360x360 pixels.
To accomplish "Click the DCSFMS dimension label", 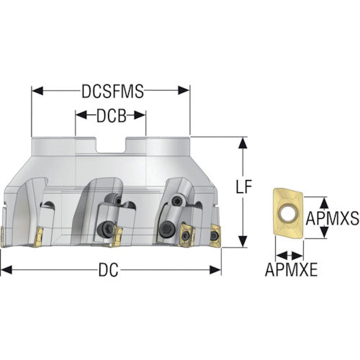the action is pyautogui.click(x=112, y=91).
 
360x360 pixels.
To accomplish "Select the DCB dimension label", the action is pyautogui.click(x=112, y=116).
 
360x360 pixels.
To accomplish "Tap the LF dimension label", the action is pyautogui.click(x=243, y=186).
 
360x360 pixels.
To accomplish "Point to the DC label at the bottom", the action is pyautogui.click(x=108, y=270).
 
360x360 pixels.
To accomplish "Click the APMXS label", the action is pyautogui.click(x=333, y=218).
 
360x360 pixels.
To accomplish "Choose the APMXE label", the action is pyautogui.click(x=291, y=270).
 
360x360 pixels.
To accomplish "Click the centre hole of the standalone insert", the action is pyautogui.click(x=288, y=212).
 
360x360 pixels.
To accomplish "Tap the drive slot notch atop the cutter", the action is pyautogui.click(x=111, y=145).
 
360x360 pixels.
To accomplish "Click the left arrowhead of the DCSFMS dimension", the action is pyautogui.click(x=37, y=91).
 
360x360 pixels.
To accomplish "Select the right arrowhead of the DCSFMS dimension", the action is pyautogui.click(x=184, y=91).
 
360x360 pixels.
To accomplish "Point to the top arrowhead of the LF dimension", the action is pyautogui.click(x=243, y=143).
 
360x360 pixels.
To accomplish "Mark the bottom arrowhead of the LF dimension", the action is pyautogui.click(x=243, y=241).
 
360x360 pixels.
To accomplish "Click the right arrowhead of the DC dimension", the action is pyautogui.click(x=215, y=270).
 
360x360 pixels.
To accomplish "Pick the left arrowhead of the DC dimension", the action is pyautogui.click(x=6, y=270).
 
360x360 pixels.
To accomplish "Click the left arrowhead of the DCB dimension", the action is pyautogui.click(x=81, y=115).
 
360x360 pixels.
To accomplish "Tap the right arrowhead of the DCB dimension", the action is pyautogui.click(x=140, y=115).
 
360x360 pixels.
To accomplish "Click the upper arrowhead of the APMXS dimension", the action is pyautogui.click(x=325, y=203).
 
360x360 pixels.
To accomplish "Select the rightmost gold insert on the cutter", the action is pyautogui.click(x=215, y=235).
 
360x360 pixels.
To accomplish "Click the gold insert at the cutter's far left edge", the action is pyautogui.click(x=2, y=237).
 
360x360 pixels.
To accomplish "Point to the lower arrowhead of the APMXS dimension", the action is pyautogui.click(x=325, y=233).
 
